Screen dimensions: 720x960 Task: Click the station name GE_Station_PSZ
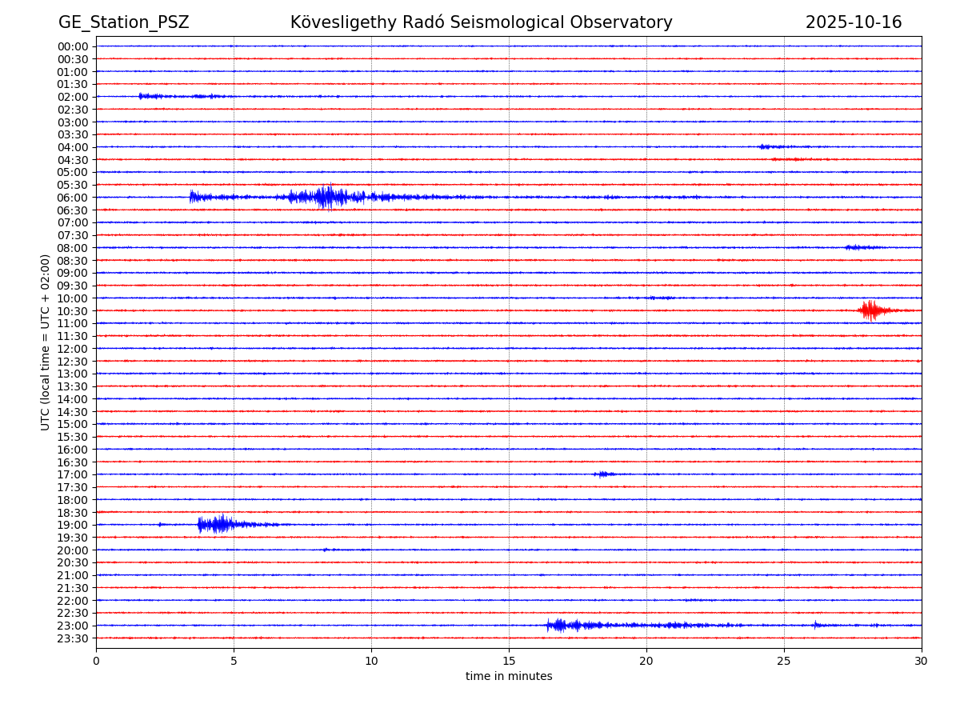click(123, 22)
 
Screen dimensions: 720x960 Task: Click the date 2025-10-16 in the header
click(853, 22)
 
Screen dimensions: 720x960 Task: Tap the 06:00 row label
click(72, 198)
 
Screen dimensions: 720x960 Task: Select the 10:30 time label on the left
click(72, 311)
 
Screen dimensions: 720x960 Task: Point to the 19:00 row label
click(72, 525)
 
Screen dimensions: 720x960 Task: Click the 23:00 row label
click(72, 626)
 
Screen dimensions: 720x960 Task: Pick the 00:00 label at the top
click(72, 46)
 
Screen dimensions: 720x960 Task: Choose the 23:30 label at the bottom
click(72, 638)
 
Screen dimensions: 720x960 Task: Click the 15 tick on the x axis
click(509, 662)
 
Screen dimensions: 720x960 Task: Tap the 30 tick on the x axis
click(921, 662)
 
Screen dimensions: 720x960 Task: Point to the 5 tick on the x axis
click(234, 662)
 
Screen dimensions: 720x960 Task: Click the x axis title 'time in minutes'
click(509, 677)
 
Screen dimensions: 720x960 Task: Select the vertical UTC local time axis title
click(46, 342)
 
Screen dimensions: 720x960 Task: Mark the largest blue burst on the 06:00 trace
click(327, 197)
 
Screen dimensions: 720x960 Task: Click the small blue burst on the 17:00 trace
click(603, 474)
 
